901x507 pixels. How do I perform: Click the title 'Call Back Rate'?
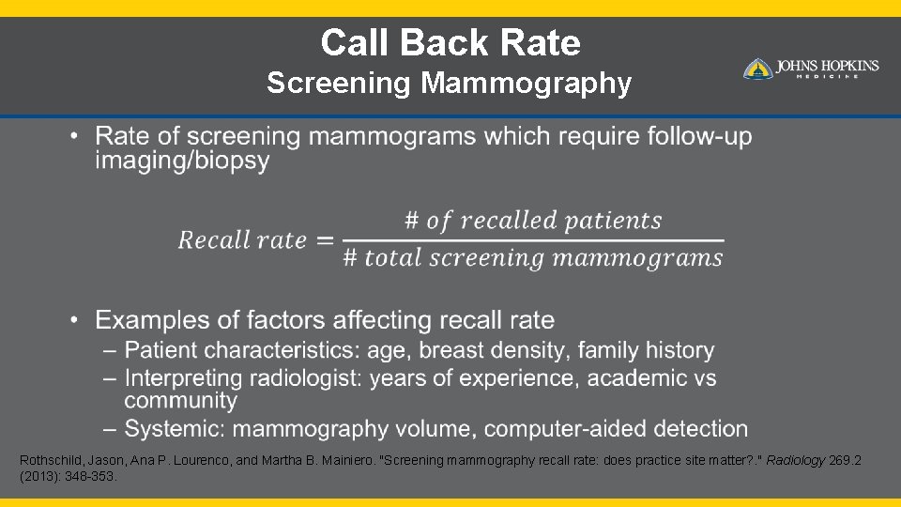450,42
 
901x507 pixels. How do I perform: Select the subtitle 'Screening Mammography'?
449,84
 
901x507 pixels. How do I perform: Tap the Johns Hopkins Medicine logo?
811,69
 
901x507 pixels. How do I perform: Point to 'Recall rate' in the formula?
243,240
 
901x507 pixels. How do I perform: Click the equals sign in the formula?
325,240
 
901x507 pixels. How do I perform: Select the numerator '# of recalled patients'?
533,222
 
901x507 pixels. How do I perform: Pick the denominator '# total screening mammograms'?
532,258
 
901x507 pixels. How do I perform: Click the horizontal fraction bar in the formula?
532,240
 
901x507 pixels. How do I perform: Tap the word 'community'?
180,401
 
